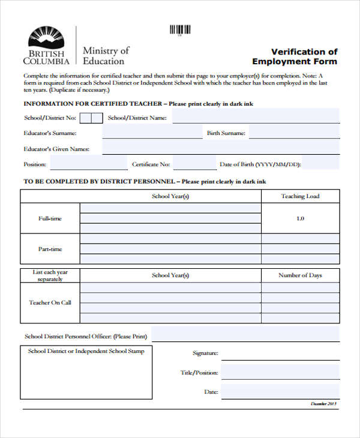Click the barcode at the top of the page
(x=180, y=29)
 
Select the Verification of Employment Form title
(x=295, y=56)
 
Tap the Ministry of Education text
(x=106, y=55)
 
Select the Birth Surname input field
(x=294, y=133)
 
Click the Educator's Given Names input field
(x=220, y=148)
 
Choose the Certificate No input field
(x=193, y=163)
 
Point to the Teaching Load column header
(x=300, y=196)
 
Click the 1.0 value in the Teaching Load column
(x=300, y=218)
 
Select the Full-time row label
(x=50, y=218)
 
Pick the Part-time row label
(x=50, y=249)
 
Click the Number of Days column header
(x=300, y=275)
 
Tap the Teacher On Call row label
(x=50, y=302)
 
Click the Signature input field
(x=280, y=353)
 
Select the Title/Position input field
(x=280, y=372)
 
